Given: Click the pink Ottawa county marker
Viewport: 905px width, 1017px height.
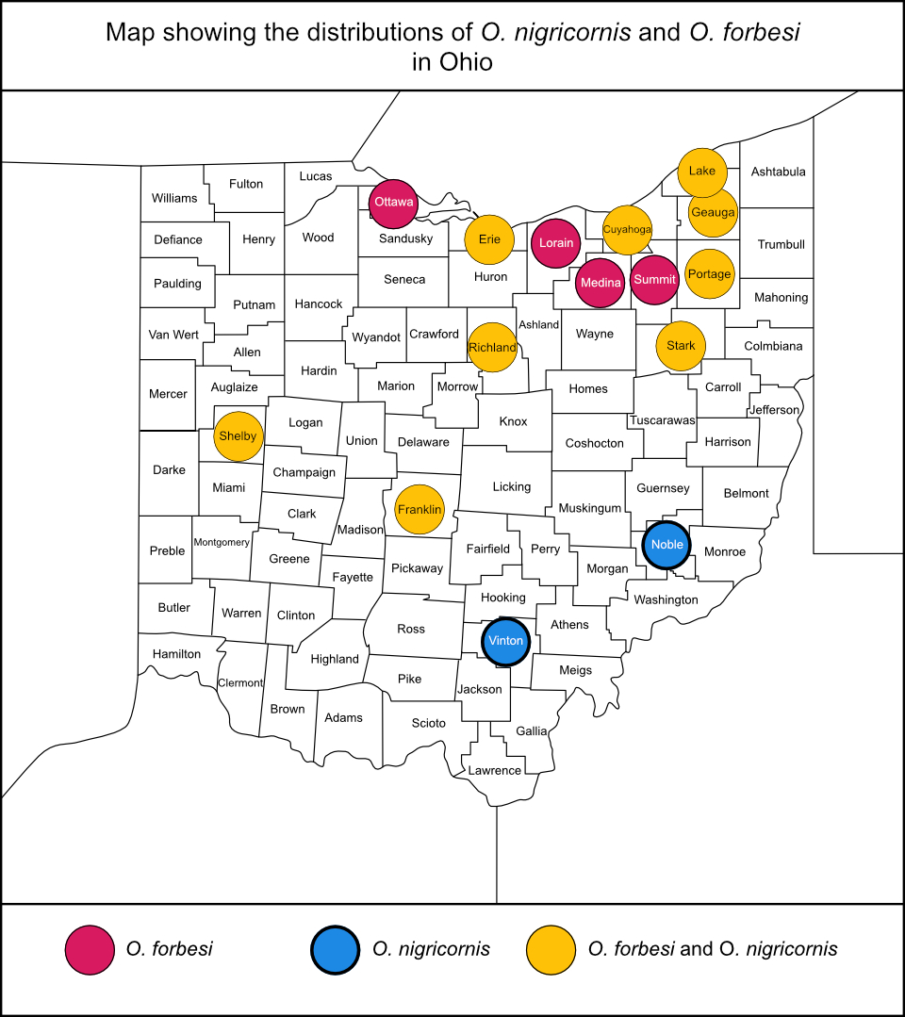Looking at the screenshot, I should point(393,203).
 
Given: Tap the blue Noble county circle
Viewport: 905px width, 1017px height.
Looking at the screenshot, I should point(666,544).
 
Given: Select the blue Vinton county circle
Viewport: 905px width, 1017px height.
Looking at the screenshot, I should point(505,641).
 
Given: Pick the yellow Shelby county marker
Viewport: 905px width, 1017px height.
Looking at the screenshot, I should point(239,436).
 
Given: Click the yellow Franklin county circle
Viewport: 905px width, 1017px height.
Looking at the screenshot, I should point(419,509).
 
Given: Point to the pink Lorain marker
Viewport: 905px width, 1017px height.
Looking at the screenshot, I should point(556,243).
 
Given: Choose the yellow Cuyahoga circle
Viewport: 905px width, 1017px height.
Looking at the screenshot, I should point(627,230).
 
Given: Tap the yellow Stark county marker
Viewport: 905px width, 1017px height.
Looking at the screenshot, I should point(681,346).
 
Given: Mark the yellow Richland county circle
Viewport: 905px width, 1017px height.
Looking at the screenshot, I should point(492,347).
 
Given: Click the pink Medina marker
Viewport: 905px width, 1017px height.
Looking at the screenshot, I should point(601,283).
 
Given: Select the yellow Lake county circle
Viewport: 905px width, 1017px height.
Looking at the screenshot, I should point(702,172).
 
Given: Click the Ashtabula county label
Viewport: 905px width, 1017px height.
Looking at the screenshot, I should point(778,172).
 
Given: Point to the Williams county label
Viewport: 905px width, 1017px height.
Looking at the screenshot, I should point(174,198).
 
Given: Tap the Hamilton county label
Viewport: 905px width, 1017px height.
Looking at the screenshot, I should point(176,653).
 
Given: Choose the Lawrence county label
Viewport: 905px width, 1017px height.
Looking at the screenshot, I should point(495,770).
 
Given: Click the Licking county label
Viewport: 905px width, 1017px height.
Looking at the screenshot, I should point(512,486).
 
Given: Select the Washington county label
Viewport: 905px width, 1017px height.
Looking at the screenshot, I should point(666,599).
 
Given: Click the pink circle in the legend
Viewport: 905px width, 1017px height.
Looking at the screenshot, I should point(89,949).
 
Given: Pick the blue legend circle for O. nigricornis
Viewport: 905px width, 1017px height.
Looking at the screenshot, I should point(336,949).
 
